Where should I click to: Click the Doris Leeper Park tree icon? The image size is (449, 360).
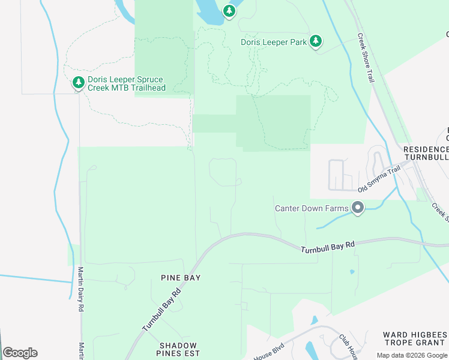316,41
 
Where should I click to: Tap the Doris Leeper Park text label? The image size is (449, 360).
274,42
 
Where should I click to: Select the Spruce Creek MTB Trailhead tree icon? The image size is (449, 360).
78,83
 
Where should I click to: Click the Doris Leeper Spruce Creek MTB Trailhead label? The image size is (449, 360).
125,83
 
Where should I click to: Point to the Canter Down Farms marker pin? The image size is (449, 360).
358,208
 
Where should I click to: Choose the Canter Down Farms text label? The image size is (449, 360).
312,209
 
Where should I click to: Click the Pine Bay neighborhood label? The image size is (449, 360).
180,278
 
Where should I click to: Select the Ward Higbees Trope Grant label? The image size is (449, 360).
415,338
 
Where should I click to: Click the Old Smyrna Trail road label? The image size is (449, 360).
379,179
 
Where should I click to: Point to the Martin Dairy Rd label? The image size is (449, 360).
80,289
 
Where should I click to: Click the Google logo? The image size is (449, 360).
20,353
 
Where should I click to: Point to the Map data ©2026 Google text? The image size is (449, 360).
412,355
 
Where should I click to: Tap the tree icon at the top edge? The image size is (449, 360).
229,11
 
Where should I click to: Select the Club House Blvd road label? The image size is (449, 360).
348,346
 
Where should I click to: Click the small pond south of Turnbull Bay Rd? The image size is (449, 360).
352,272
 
